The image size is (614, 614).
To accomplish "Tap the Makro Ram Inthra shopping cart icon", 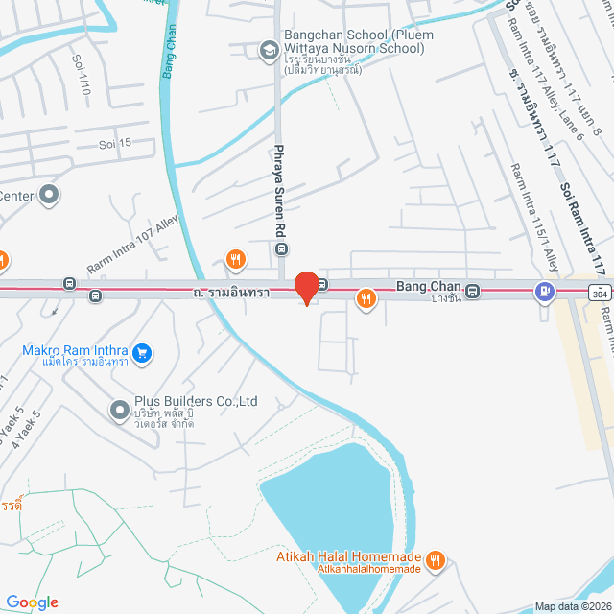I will point(142,353).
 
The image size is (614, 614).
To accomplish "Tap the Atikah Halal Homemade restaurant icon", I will point(436,559).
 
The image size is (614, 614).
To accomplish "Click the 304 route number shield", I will point(599,291).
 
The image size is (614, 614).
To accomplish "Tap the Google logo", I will point(32,602).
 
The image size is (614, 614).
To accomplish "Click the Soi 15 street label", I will point(115,144).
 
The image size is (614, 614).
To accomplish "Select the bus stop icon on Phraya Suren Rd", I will point(281,248).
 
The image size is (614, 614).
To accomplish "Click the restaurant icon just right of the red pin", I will point(366,299).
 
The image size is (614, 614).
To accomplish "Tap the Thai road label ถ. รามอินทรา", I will point(230,291).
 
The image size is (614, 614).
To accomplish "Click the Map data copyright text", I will point(572,605).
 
